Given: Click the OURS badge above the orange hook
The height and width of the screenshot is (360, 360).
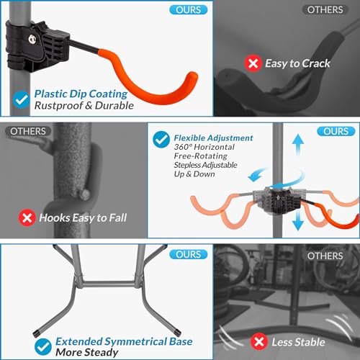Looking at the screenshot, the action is click(x=189, y=10).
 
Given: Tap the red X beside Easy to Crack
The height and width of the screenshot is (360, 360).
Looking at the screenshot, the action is click(x=253, y=63).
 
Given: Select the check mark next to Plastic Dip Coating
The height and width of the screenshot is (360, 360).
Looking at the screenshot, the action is click(x=22, y=99).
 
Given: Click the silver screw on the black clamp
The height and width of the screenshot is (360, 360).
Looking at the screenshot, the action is click(x=32, y=40).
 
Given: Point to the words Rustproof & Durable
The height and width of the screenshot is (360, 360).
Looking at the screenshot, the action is click(x=84, y=106).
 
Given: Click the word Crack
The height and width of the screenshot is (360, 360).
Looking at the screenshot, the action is click(x=316, y=63).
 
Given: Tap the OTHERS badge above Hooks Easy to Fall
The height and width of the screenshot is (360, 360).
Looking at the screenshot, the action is click(x=28, y=131).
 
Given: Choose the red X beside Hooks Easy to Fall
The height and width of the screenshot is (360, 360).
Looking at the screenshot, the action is click(x=27, y=217).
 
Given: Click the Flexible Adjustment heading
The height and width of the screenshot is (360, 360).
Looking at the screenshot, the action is click(x=213, y=138).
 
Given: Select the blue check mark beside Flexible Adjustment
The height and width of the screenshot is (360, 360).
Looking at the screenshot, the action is click(x=161, y=140).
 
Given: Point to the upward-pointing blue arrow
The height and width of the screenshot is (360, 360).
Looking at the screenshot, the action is click(x=298, y=144).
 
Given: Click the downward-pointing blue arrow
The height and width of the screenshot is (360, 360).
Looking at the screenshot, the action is click(x=298, y=220).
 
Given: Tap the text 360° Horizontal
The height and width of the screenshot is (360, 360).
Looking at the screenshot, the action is click(x=204, y=147).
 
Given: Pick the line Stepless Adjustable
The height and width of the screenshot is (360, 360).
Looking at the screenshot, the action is click(x=205, y=165).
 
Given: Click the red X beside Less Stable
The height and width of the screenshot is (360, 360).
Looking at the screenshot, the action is click(x=259, y=341).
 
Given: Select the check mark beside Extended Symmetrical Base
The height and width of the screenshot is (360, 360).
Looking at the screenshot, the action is click(x=43, y=347).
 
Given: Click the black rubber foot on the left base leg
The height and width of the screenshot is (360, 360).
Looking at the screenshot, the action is click(x=36, y=333).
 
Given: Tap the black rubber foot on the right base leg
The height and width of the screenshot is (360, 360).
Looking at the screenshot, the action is click(x=178, y=333).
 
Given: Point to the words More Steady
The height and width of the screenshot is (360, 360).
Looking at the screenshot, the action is click(x=87, y=352).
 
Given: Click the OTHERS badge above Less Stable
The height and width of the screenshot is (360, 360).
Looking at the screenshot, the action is click(x=325, y=256).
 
